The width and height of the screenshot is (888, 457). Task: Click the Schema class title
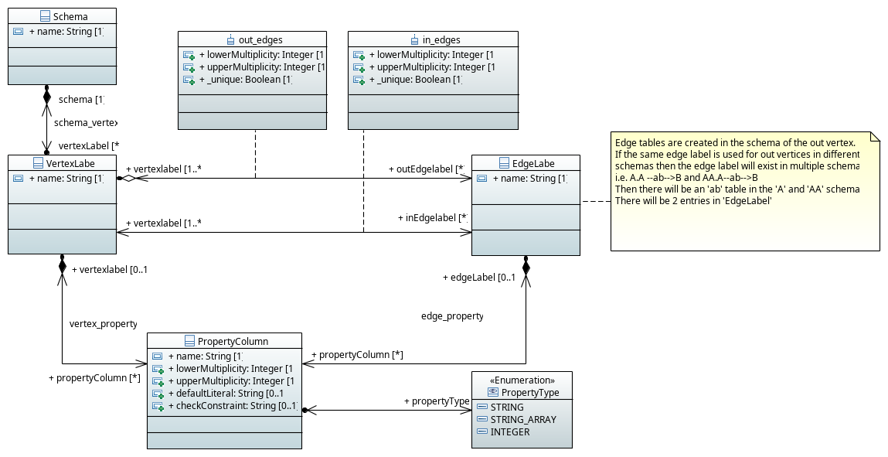click(70, 16)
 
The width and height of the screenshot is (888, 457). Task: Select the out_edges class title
click(260, 39)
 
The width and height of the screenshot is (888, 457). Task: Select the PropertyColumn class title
click(232, 341)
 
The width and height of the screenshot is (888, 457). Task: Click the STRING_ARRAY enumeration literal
click(522, 419)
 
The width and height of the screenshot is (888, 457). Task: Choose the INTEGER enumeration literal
click(509, 431)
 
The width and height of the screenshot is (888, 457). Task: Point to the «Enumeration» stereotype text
click(522, 380)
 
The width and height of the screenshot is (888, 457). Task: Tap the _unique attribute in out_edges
click(245, 80)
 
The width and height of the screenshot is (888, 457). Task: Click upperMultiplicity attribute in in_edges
click(430, 67)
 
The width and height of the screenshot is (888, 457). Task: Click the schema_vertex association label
click(85, 122)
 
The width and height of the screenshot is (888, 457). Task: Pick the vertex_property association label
click(103, 323)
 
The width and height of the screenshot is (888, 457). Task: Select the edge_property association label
click(452, 315)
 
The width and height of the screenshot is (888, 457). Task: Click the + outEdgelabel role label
click(425, 169)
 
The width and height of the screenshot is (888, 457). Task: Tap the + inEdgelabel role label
click(432, 218)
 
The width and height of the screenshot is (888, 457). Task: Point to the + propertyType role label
click(436, 401)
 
